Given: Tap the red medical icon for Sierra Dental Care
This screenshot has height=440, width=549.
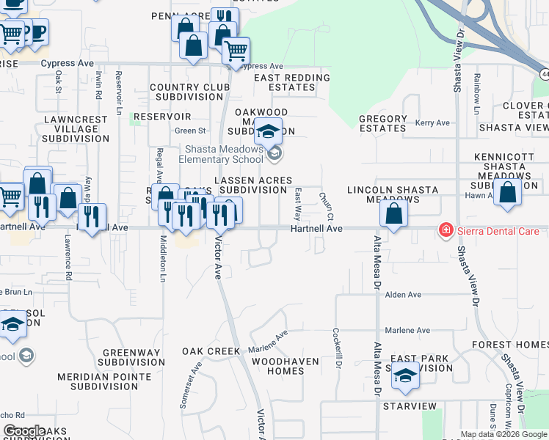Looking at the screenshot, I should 445,231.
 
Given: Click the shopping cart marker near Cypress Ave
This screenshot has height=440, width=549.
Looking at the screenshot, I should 236,51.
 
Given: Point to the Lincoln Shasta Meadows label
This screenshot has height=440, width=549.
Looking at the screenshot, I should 393,194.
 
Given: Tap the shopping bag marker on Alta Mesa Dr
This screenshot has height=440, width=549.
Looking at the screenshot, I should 394,214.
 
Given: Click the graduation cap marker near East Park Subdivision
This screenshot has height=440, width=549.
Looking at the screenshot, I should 404,376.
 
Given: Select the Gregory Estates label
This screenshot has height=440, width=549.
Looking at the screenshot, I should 383,123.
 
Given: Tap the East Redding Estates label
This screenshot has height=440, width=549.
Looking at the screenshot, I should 292,82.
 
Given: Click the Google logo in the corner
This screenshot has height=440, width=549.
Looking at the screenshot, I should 24,431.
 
